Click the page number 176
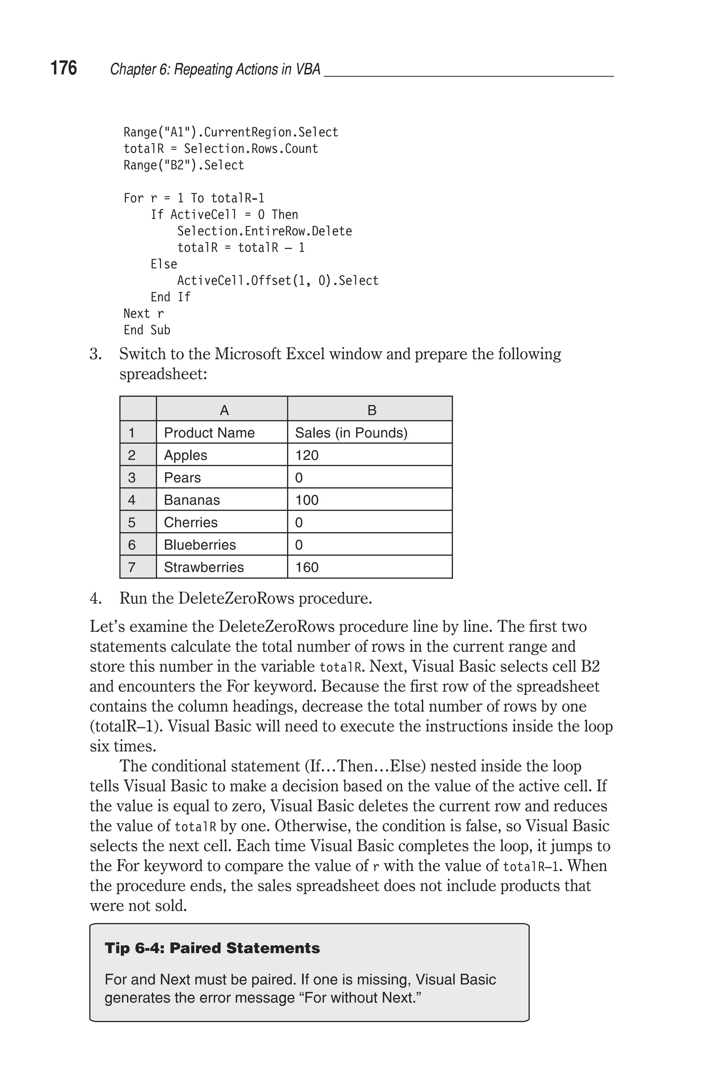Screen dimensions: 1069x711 point(64,68)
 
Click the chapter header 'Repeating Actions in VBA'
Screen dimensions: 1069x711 point(215,69)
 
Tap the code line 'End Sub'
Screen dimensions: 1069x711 point(147,330)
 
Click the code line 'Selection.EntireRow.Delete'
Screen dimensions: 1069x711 point(264,231)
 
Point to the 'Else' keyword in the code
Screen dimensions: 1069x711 point(164,264)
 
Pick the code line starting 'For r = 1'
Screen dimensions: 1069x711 point(194,198)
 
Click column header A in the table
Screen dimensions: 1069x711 point(224,410)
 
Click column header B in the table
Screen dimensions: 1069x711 point(371,410)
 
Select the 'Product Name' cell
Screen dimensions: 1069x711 point(209,433)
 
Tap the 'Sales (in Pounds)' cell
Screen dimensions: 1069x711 point(351,433)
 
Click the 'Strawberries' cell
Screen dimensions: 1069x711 point(203,567)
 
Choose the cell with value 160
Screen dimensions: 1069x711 point(307,567)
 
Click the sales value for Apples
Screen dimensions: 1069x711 point(307,455)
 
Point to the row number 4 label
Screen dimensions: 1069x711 point(132,500)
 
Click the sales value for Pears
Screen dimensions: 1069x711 point(299,477)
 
